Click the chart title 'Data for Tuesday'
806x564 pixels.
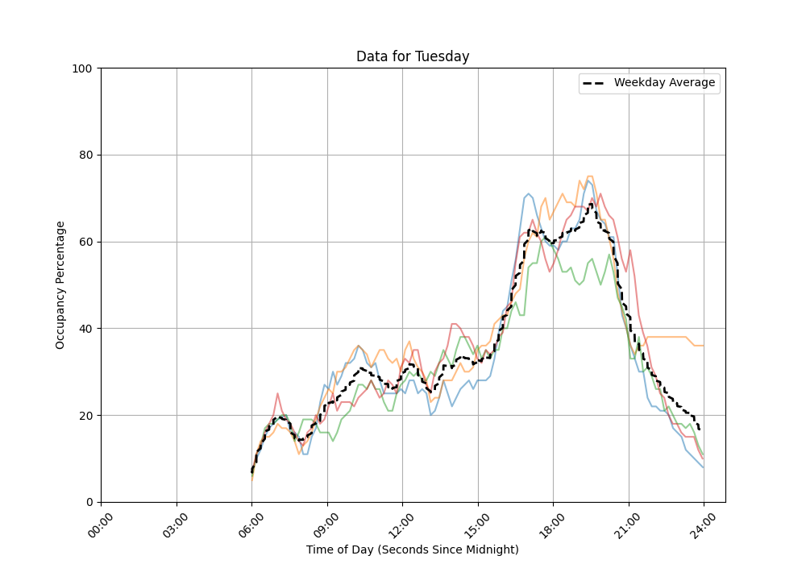(413, 56)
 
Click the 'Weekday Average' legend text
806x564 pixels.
(664, 83)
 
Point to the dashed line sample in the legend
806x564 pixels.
(595, 83)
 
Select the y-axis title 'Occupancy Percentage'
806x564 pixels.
(60, 284)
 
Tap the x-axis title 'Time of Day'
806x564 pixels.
(412, 549)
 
